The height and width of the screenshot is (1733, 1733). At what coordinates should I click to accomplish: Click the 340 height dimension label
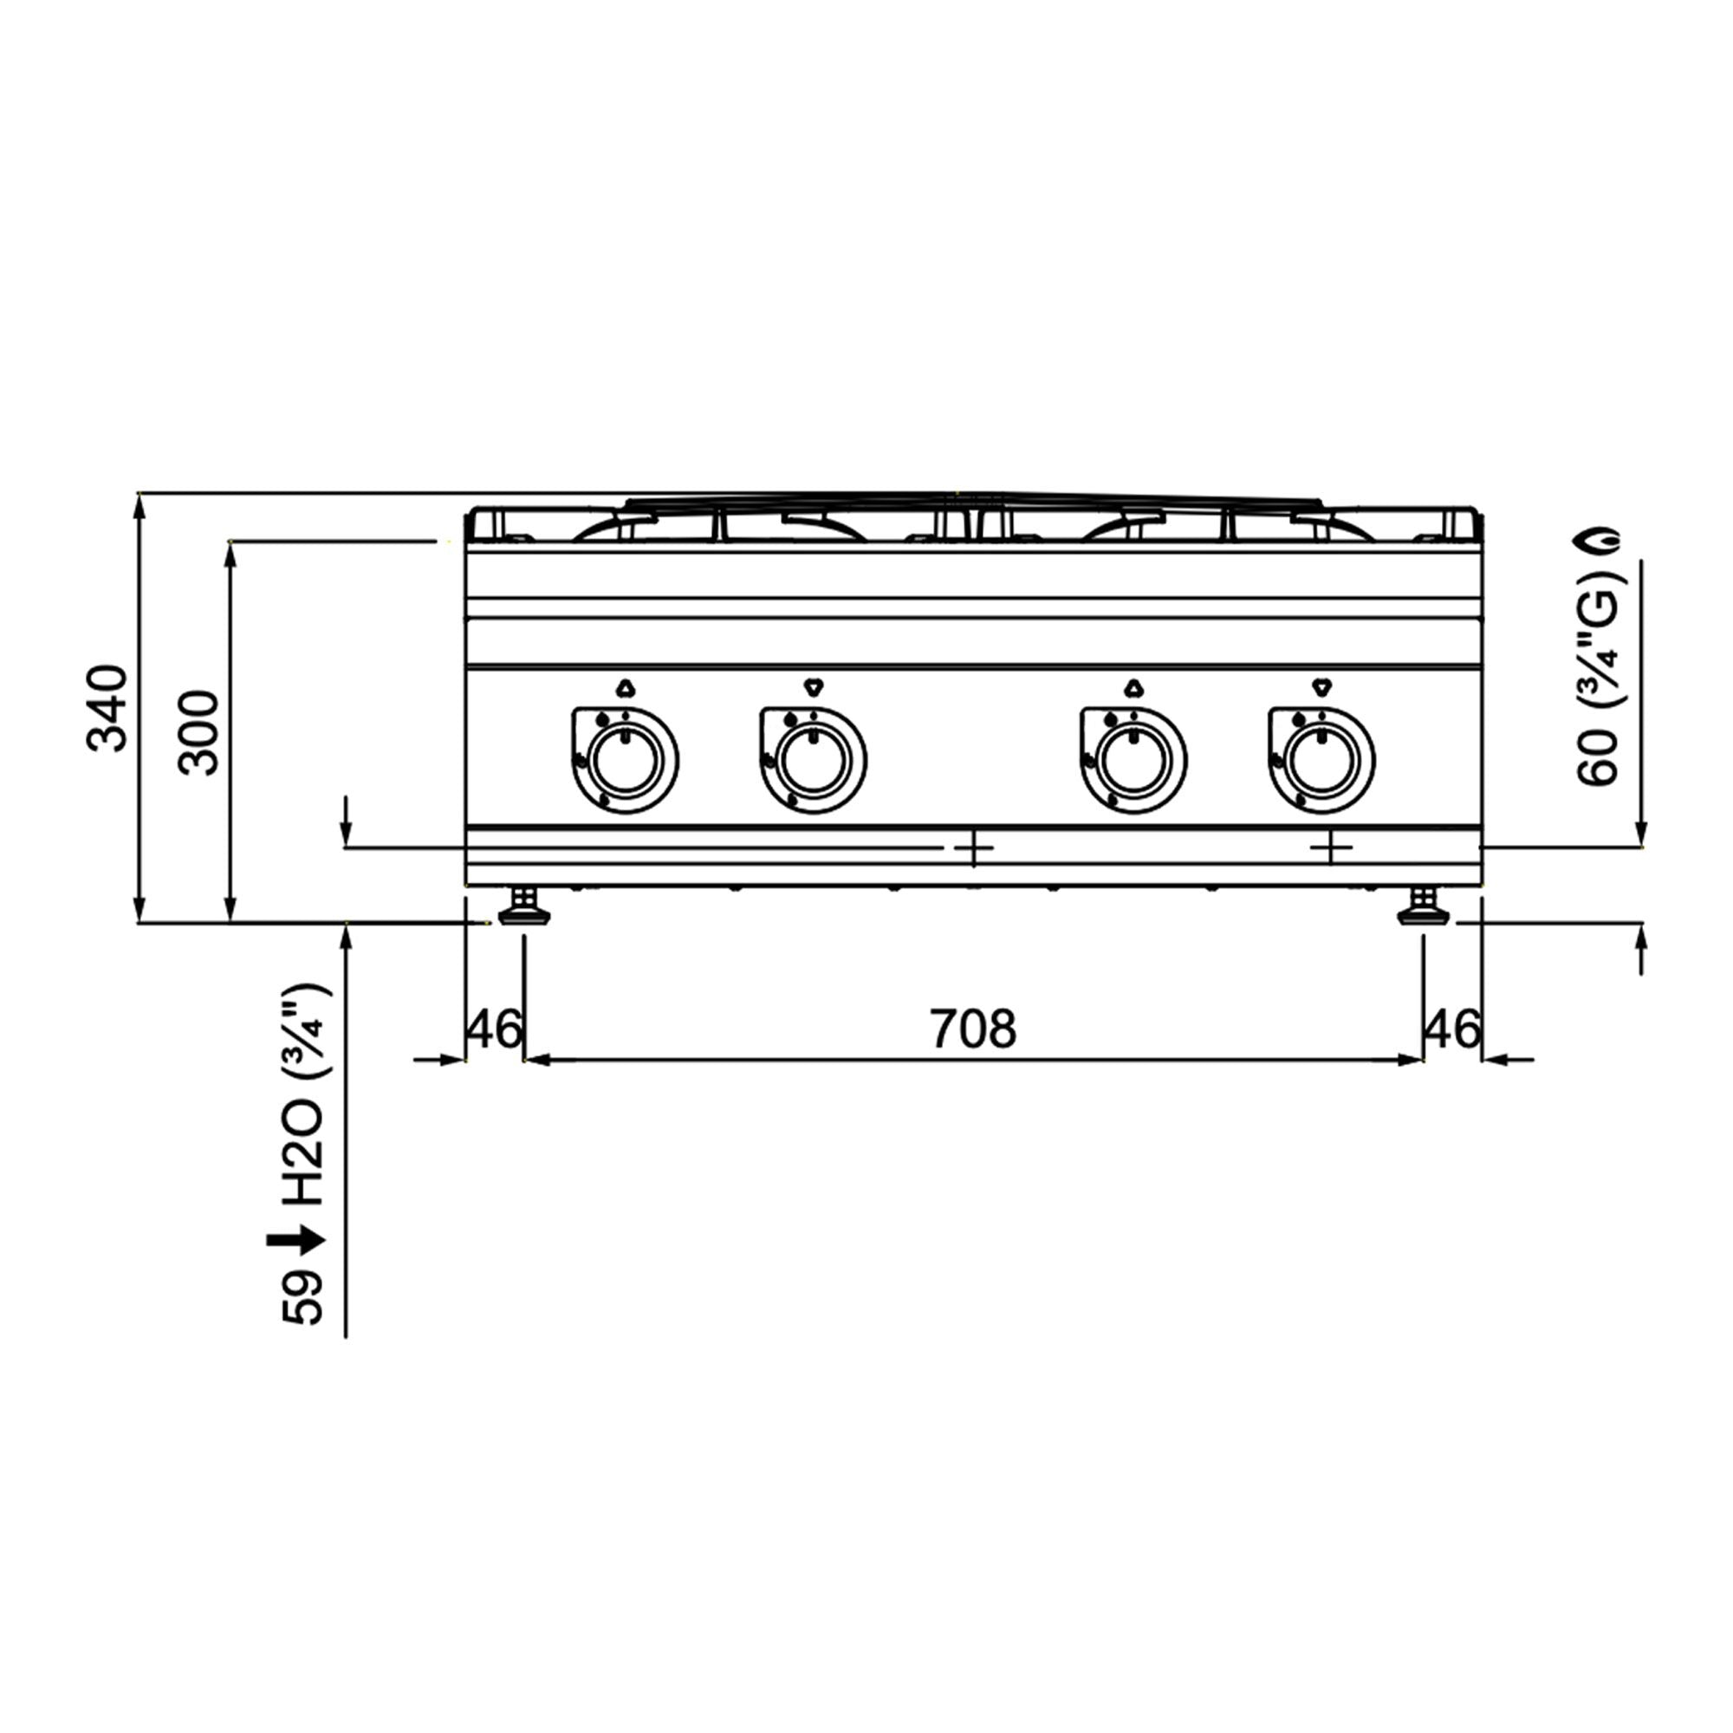tap(107, 708)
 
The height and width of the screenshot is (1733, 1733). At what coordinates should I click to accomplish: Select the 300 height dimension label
tap(198, 733)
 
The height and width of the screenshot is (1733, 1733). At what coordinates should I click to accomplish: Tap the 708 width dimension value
tap(972, 1029)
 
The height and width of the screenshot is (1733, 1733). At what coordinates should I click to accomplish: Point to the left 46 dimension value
tap(494, 1029)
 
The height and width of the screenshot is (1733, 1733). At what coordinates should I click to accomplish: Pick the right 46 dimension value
tap(1452, 1029)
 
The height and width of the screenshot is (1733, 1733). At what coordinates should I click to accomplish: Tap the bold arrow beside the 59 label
tap(295, 1242)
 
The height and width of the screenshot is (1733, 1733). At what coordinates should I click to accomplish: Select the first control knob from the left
tap(626, 760)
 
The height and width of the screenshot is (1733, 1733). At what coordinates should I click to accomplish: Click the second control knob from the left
tap(813, 760)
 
